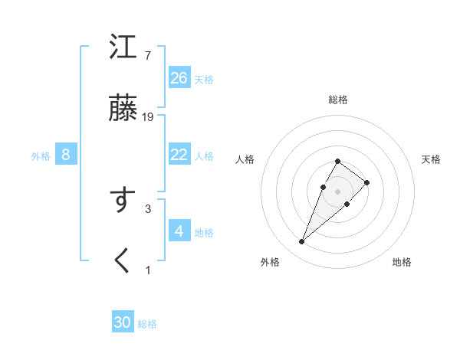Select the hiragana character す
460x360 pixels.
[123, 201]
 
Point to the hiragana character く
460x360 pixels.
[123, 261]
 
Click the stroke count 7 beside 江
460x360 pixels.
[147, 56]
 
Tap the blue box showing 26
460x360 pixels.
[179, 78]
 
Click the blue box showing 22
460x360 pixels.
[179, 155]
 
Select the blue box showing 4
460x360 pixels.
[179, 231]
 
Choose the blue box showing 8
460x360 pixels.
[66, 155]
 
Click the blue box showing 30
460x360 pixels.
[123, 322]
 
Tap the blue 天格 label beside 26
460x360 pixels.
[204, 80]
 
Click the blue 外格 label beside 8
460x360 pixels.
[41, 156]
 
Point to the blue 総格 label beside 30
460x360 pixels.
[147, 324]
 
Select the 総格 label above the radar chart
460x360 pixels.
[338, 100]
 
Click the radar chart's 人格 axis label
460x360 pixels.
[245, 159]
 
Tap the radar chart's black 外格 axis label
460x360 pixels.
[270, 262]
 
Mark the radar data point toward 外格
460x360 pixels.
[302, 242]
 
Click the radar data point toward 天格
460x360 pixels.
[367, 182]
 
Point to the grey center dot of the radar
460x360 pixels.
[338, 191]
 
